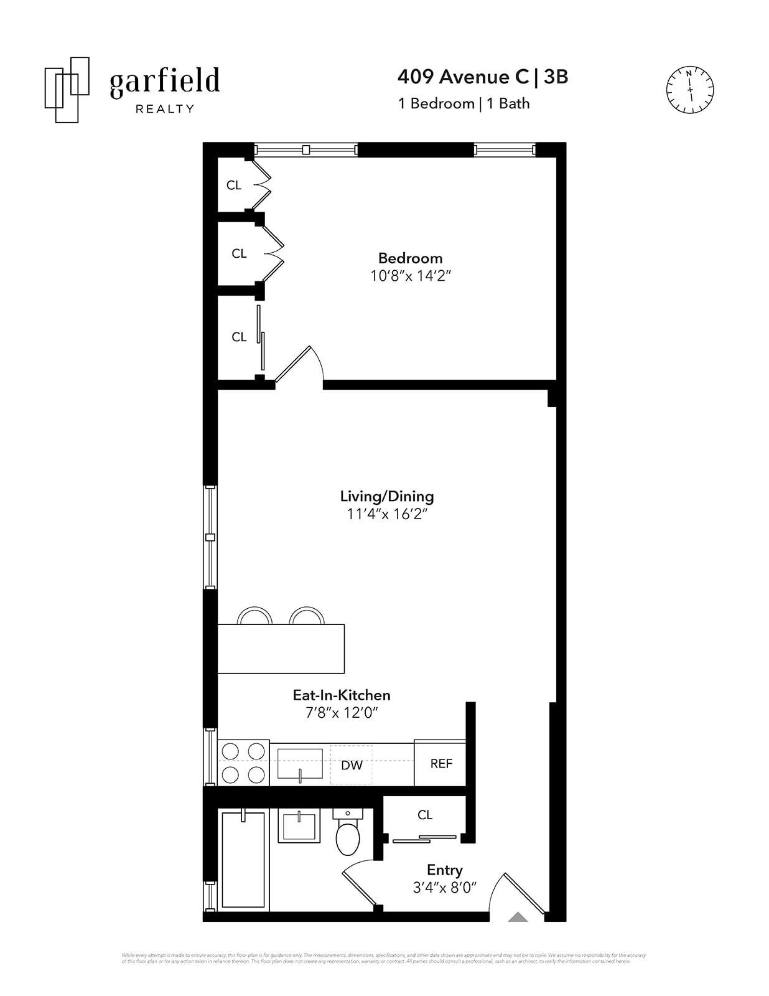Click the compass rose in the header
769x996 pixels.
point(690,90)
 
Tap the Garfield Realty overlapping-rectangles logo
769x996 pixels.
point(67,90)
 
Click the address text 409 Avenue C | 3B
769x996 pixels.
point(482,77)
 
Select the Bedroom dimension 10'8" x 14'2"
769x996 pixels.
point(410,276)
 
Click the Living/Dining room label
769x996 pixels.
point(386,496)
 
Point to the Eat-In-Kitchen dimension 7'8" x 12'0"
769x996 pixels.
point(342,713)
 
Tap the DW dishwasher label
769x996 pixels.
point(352,765)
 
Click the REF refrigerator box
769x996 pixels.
point(440,763)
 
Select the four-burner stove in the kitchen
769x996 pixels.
point(243,763)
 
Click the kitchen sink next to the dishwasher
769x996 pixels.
point(300,764)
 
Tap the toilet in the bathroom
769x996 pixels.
point(347,833)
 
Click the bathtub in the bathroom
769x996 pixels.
point(243,859)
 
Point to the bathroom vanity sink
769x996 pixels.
point(299,827)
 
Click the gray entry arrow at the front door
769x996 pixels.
point(518,917)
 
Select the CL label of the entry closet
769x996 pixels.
point(425,815)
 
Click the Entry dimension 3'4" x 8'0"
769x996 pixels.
point(444,888)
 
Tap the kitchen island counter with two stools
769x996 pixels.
point(281,648)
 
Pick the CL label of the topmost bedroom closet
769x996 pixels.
point(234,185)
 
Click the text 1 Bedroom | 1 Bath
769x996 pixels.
point(464,103)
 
